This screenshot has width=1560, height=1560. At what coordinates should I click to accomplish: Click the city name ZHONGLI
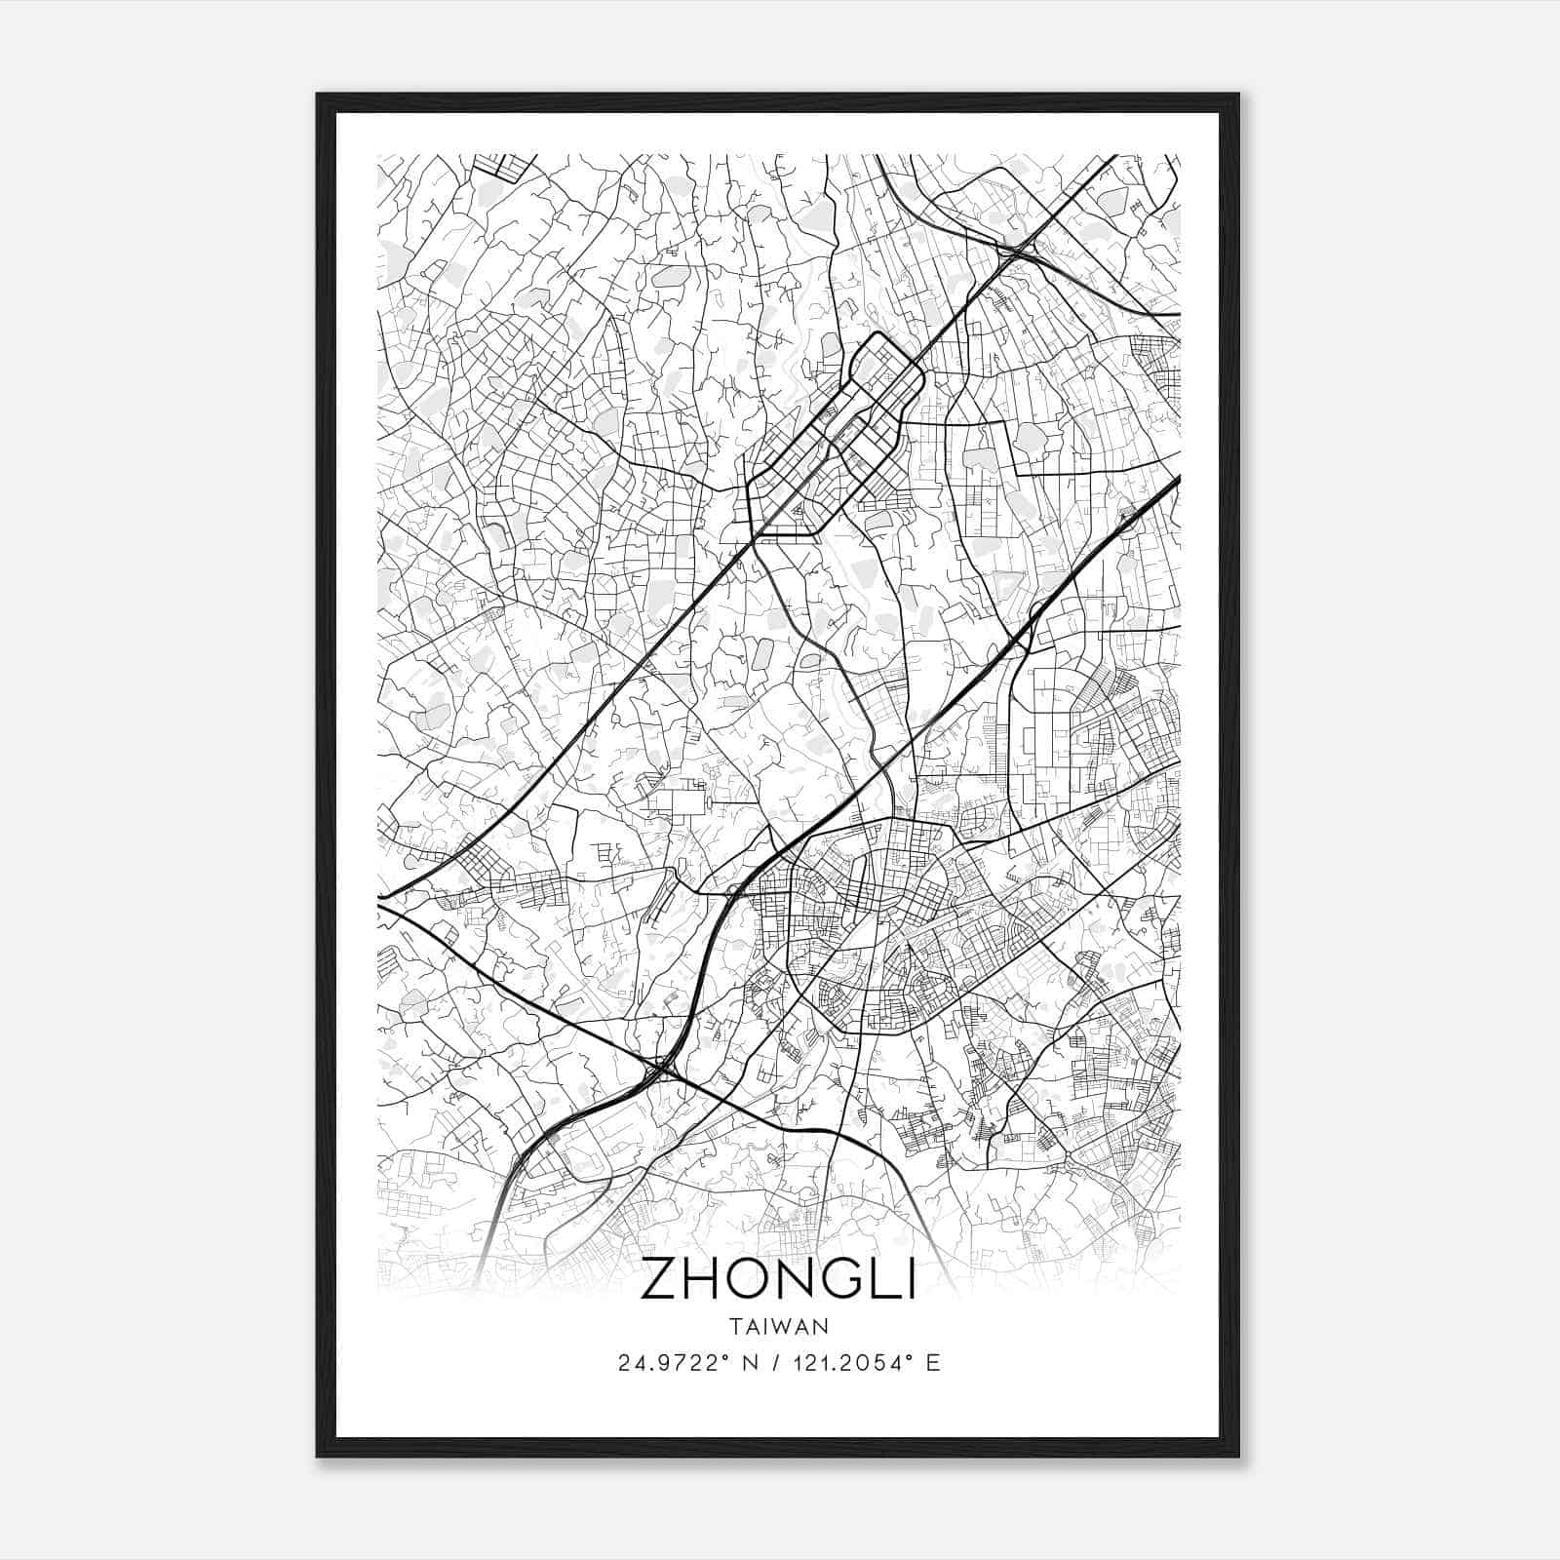click(x=778, y=1280)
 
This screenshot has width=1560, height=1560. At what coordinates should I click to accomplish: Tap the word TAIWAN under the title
click(x=778, y=1327)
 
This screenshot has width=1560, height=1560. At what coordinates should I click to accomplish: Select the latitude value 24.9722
click(x=667, y=1363)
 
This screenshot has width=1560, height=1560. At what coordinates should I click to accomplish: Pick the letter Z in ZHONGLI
click(x=657, y=1280)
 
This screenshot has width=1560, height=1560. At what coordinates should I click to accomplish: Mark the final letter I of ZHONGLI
click(x=911, y=1280)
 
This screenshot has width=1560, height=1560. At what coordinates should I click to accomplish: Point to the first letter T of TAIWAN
click(x=734, y=1327)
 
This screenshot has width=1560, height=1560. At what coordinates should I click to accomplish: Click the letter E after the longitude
click(x=933, y=1363)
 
